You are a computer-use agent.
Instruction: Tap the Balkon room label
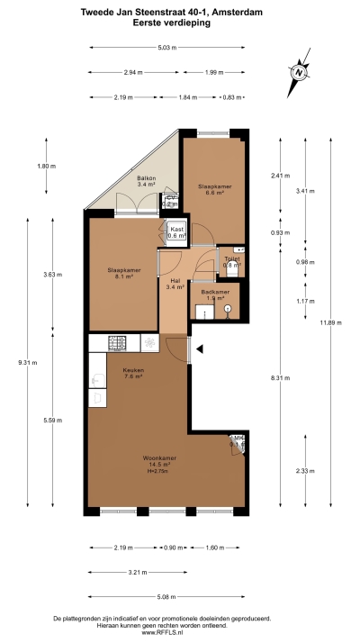(147, 181)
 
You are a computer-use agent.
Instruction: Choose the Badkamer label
(215, 294)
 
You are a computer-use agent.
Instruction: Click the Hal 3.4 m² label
(175, 283)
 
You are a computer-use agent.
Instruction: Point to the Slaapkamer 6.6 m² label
(214, 189)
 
